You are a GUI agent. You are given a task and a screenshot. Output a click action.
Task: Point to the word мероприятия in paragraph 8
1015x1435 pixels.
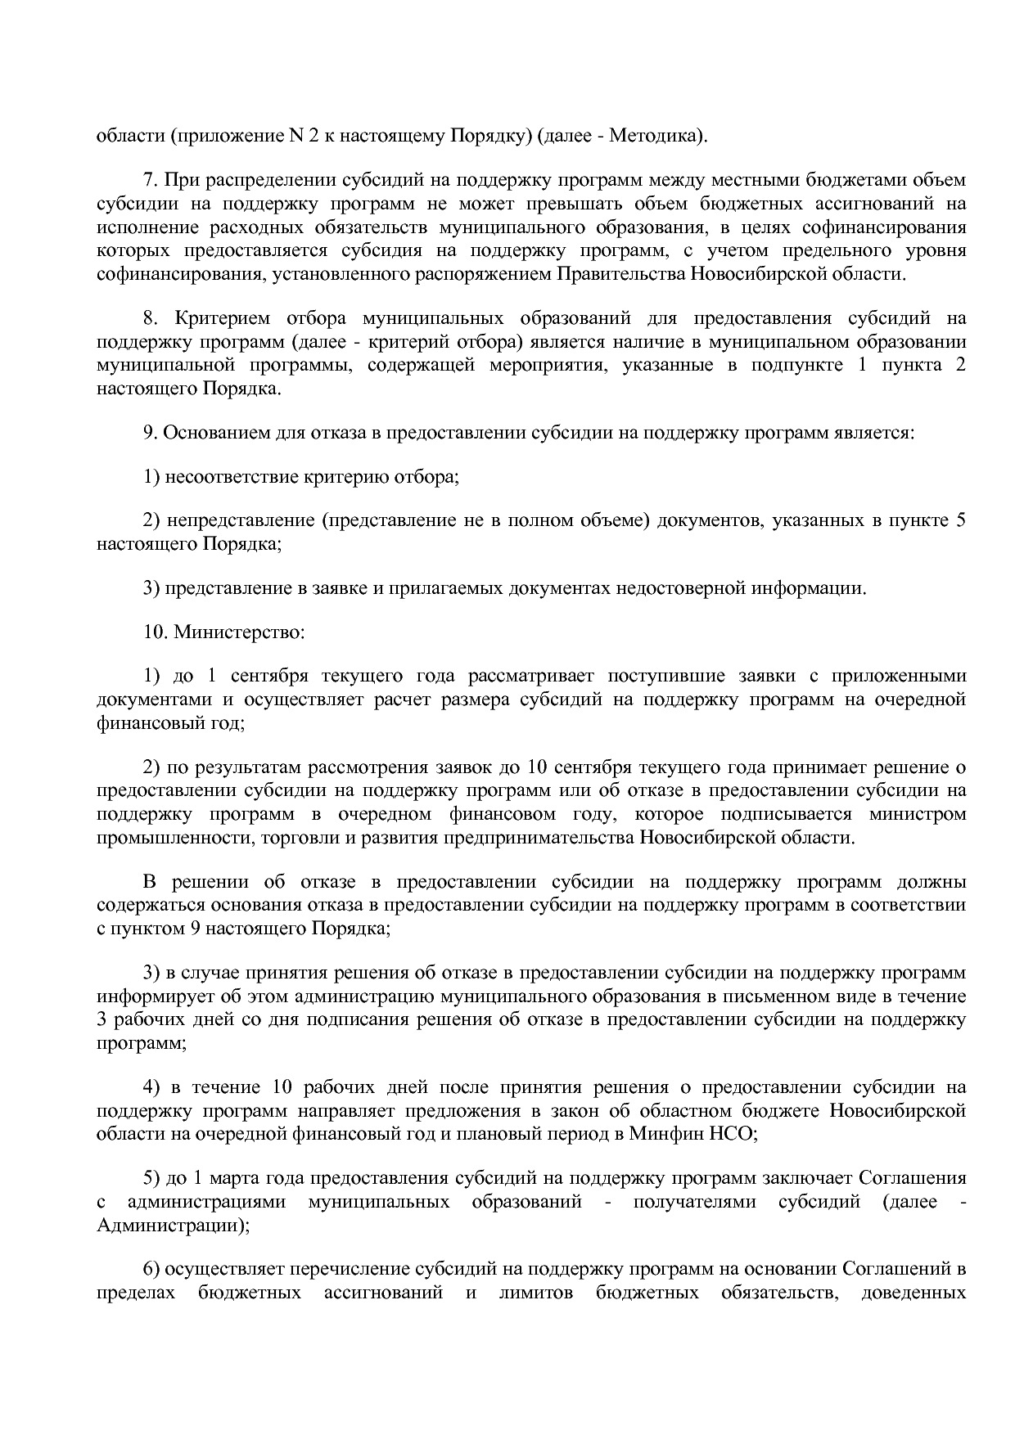click(x=548, y=365)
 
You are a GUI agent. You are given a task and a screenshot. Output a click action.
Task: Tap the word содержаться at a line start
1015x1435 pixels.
click(x=151, y=905)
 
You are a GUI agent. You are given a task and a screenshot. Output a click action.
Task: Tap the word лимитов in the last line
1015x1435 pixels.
click(x=536, y=1293)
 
